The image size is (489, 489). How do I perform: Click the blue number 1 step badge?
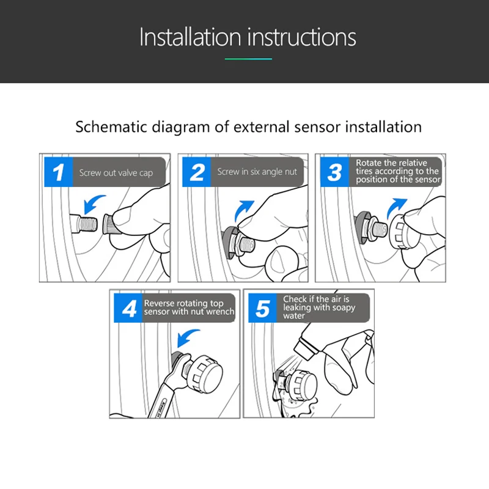58,172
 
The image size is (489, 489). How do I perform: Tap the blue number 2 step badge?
196,172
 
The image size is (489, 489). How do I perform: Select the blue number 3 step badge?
334,172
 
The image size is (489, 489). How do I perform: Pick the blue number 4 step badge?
128,308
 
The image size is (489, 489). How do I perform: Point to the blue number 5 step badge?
262,308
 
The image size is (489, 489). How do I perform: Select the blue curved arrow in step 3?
395,208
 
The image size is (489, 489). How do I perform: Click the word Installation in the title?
190,37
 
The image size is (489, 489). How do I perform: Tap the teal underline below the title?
249,59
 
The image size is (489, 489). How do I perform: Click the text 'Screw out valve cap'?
116,173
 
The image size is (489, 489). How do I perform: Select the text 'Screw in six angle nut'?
257,172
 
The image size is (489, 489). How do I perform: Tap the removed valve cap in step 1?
108,224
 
